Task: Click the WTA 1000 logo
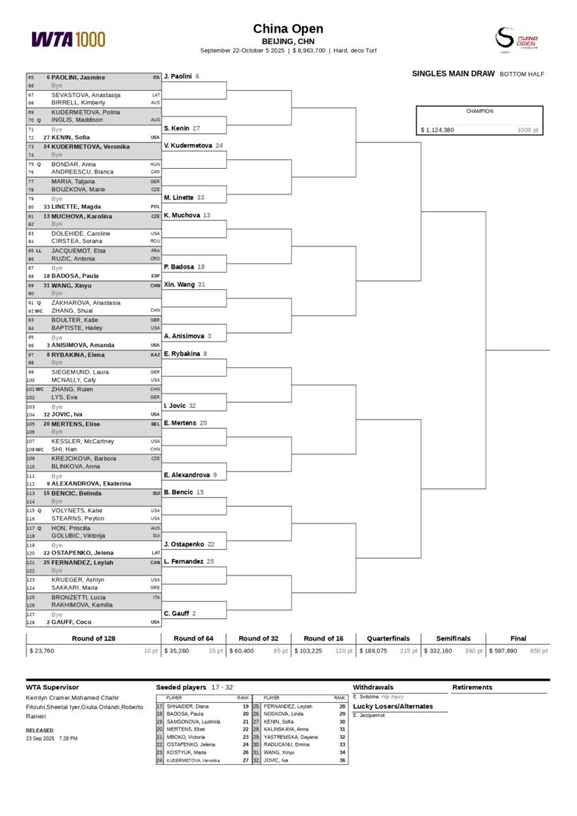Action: pyautogui.click(x=68, y=38)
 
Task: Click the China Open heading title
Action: pyautogui.click(x=288, y=29)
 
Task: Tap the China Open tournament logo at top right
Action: pyautogui.click(x=516, y=38)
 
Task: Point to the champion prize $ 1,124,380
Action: pyautogui.click(x=438, y=130)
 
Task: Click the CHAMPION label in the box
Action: pyautogui.click(x=480, y=112)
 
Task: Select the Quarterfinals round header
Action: pyautogui.click(x=388, y=638)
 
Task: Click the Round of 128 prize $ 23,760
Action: pyautogui.click(x=42, y=651)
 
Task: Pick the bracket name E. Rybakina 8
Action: pyautogui.click(x=185, y=354)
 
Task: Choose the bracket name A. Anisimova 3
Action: pyautogui.click(x=187, y=336)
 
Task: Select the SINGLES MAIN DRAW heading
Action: pyautogui.click(x=453, y=73)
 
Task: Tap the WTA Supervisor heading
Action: pyautogui.click(x=53, y=687)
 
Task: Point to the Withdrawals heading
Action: pyautogui.click(x=373, y=687)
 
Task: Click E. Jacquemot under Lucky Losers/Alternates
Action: pyautogui.click(x=369, y=716)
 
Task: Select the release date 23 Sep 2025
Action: pyautogui.click(x=40, y=739)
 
